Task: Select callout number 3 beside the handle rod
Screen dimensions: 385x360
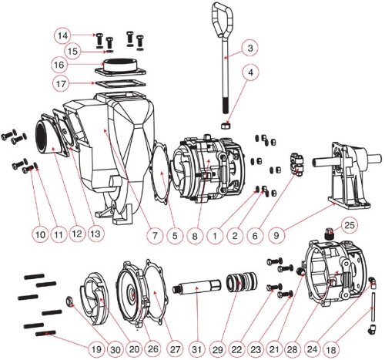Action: pyautogui.click(x=250, y=49)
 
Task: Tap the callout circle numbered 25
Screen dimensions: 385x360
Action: pyautogui.click(x=350, y=225)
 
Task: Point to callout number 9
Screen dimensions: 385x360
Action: pyautogui.click(x=276, y=235)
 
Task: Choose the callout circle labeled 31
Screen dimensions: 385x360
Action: pyautogui.click(x=196, y=349)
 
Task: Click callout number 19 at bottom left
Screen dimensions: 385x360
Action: pyautogui.click(x=96, y=349)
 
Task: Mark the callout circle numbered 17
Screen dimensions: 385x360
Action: pyautogui.click(x=61, y=83)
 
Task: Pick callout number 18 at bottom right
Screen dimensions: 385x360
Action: pyautogui.click(x=332, y=349)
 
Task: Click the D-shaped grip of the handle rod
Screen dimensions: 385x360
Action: pyautogui.click(x=223, y=20)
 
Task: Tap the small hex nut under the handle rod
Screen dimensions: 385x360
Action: pyautogui.click(x=226, y=126)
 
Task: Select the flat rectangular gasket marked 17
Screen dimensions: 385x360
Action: pyautogui.click(x=120, y=85)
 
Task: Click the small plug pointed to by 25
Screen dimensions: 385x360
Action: pyautogui.click(x=330, y=234)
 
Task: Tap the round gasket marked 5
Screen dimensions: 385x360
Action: pyautogui.click(x=160, y=172)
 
